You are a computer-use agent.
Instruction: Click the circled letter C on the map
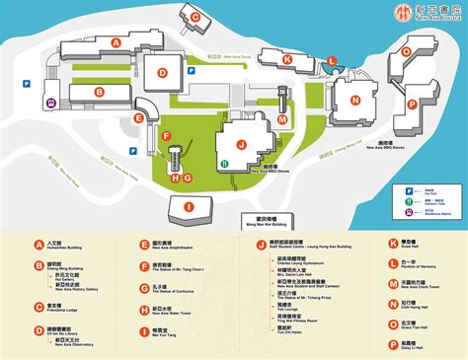195,17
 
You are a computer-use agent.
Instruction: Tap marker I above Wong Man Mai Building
187,206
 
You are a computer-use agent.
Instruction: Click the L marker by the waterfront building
333,61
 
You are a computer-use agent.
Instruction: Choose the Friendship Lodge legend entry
64,307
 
